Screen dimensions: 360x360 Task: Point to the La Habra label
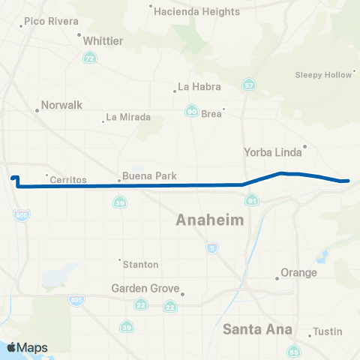pyautogui.click(x=202, y=86)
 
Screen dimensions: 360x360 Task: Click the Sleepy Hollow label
pyautogui.click(x=323, y=75)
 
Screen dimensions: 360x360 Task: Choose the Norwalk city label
pyautogui.click(x=61, y=106)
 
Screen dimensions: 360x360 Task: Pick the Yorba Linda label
pyautogui.click(x=273, y=152)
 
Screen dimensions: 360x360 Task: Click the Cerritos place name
pyautogui.click(x=68, y=180)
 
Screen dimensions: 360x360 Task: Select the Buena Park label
pyautogui.click(x=151, y=177)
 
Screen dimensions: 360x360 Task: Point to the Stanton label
pyautogui.click(x=141, y=264)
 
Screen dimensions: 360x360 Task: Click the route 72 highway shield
pyautogui.click(x=90, y=58)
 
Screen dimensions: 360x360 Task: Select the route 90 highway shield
pyautogui.click(x=192, y=112)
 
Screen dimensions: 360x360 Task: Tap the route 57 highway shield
pyautogui.click(x=248, y=84)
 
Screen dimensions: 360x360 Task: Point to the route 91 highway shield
pyautogui.click(x=252, y=201)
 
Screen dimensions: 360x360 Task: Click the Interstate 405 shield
pyautogui.click(x=77, y=300)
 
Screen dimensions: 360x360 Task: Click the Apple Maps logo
pyautogui.click(x=26, y=347)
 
